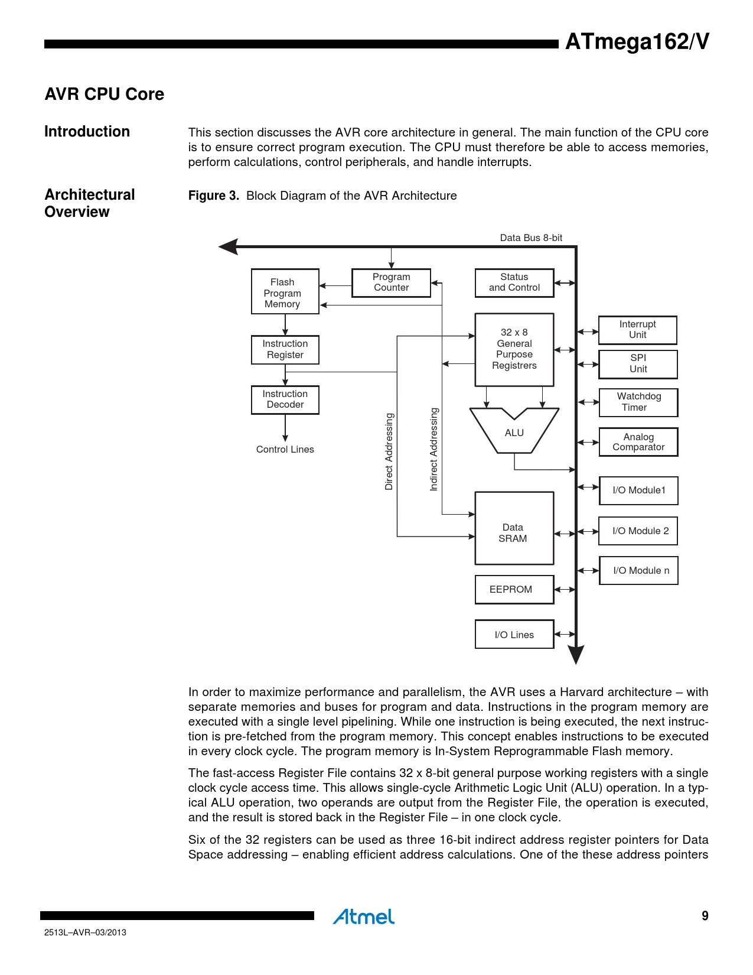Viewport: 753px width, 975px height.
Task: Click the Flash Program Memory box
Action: pos(285,292)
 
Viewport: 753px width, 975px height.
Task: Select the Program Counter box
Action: pos(391,282)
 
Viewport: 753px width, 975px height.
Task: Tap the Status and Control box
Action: pos(514,282)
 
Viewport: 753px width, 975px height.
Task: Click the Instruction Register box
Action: pos(285,349)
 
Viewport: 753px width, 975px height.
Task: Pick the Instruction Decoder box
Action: pos(285,399)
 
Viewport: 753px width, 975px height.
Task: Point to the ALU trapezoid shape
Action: pos(514,433)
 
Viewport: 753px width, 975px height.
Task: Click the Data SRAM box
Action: pos(514,528)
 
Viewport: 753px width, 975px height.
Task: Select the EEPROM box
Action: pos(514,590)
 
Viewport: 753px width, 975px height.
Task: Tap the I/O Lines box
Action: pos(514,634)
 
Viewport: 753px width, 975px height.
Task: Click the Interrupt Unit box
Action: pos(637,330)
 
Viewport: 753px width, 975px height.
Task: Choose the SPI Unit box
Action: pos(638,364)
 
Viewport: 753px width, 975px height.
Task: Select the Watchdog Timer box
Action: pos(638,402)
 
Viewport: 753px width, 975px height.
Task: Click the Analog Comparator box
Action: pos(638,442)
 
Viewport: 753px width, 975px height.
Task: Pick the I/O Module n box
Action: pos(638,571)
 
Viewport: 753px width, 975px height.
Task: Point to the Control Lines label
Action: pos(285,450)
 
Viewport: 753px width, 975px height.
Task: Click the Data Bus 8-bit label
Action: pos(531,238)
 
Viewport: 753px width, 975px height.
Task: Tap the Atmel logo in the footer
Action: pos(363,916)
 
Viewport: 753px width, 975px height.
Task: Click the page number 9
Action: pos(705,916)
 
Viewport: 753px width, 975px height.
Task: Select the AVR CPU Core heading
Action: pos(105,95)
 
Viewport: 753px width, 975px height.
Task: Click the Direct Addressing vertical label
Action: pos(389,451)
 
